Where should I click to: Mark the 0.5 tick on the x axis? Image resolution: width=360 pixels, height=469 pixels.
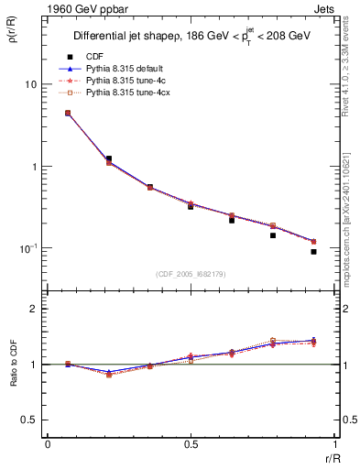(x=191, y=446)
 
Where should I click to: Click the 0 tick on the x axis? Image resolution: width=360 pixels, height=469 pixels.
(x=47, y=446)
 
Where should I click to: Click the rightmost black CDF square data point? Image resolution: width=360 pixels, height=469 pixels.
(x=313, y=251)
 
